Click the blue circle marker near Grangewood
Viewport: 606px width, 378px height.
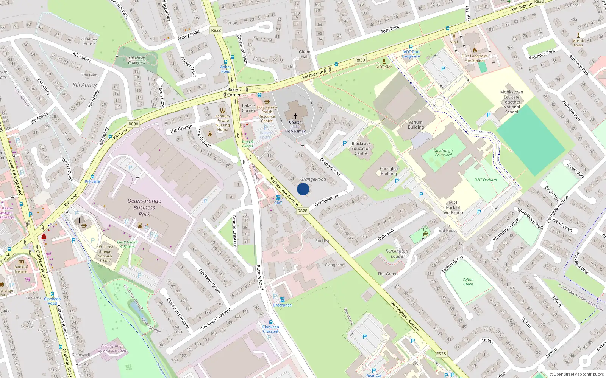303,189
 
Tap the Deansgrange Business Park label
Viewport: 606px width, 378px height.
144,208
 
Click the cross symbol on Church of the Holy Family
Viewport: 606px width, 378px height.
295,116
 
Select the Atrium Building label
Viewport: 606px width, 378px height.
415,125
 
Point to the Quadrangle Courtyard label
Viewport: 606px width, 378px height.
444,153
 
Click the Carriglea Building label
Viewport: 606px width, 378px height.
389,171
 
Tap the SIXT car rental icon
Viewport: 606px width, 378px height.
278,198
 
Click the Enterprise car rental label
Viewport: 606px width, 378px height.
283,305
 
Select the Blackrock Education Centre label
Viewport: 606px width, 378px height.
361,149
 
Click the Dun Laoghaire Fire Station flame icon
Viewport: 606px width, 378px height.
475,50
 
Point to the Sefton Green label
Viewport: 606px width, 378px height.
468,282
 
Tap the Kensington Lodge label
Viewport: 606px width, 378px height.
397,254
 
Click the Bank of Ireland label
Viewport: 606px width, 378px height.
21,269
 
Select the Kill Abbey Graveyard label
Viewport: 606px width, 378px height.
137,60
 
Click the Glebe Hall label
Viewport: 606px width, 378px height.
305,54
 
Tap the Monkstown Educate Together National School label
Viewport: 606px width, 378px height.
511,102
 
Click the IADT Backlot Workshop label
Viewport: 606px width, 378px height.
453,208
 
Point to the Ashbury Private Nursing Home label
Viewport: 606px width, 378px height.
223,123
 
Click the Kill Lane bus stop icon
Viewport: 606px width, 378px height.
92,176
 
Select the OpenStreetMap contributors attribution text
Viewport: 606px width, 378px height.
576,374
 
